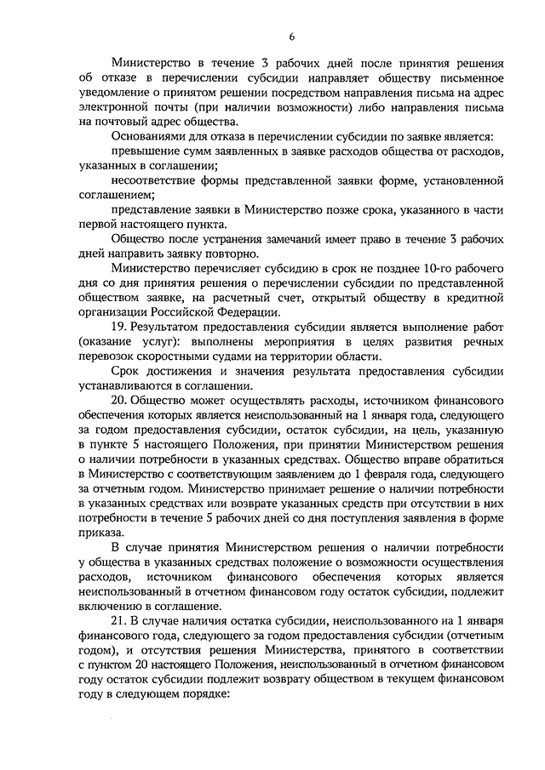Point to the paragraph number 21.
point(120,626)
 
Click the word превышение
point(146,152)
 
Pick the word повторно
point(229,254)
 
